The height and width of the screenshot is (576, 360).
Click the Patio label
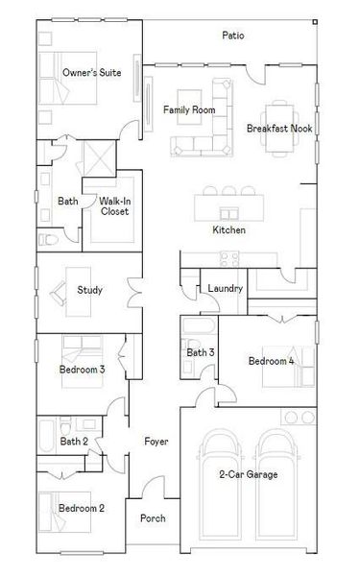[232, 36]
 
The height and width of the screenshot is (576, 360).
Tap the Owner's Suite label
[91, 72]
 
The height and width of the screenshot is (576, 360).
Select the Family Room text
[189, 109]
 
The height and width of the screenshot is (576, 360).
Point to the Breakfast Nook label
[279, 128]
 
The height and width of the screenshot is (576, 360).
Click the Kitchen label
[228, 230]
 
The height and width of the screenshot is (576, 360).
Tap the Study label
[90, 290]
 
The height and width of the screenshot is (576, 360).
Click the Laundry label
[225, 288]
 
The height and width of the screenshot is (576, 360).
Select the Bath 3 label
[201, 352]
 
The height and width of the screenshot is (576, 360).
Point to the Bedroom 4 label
[272, 361]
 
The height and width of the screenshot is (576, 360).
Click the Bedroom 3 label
[82, 369]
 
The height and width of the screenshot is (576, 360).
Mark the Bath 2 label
[74, 442]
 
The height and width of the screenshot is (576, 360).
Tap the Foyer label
[156, 442]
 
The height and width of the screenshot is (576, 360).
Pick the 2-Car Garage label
[248, 474]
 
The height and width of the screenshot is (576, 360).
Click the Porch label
[152, 518]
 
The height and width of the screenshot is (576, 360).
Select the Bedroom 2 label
[82, 508]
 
